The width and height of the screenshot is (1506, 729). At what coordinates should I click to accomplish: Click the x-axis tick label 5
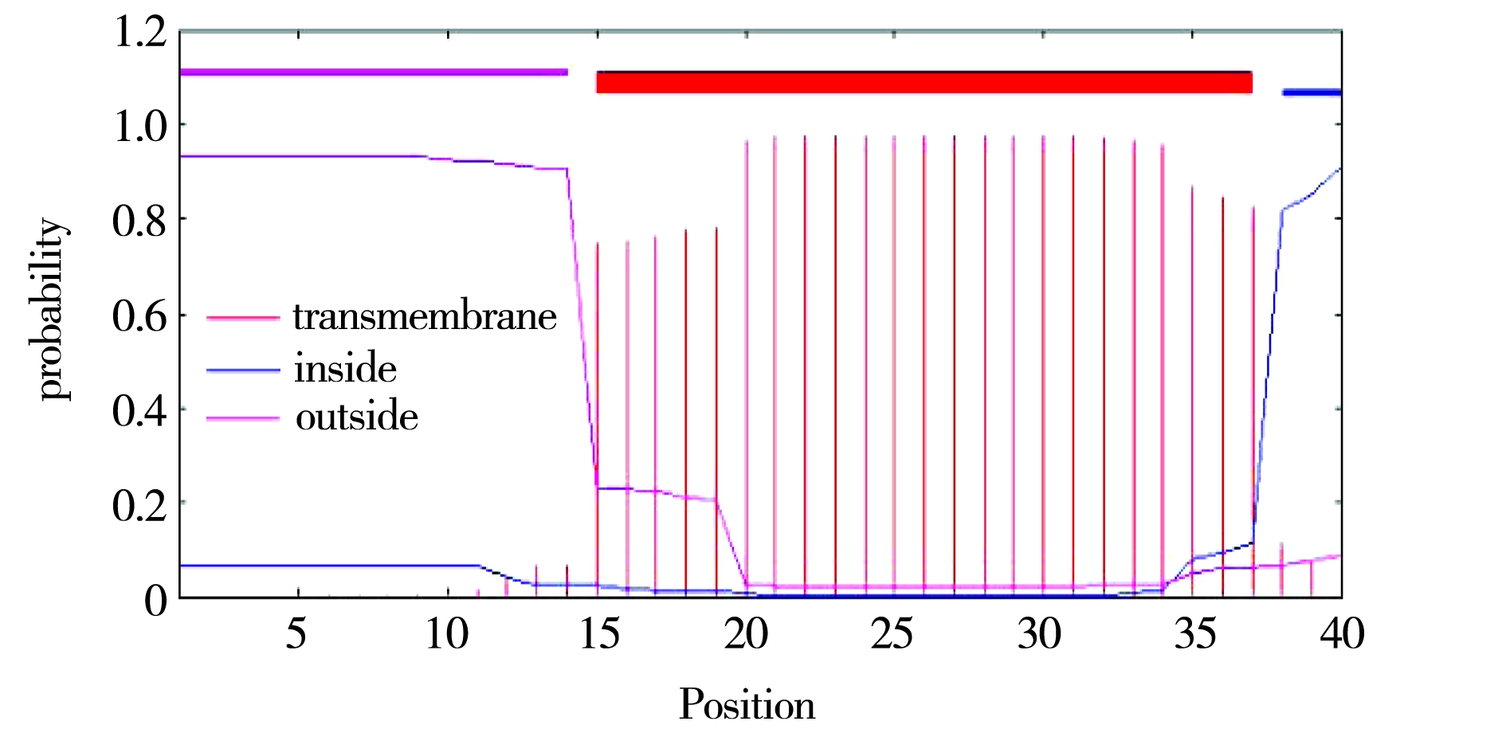(x=296, y=635)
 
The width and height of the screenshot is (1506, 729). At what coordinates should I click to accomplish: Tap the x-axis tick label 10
(x=447, y=635)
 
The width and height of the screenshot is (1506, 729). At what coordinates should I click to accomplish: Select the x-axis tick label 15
(x=598, y=635)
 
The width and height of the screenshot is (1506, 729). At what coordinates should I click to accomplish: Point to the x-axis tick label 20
(x=746, y=635)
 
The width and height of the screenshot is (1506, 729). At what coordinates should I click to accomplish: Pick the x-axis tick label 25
(x=892, y=635)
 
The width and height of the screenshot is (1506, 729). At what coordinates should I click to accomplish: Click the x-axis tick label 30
(x=1040, y=635)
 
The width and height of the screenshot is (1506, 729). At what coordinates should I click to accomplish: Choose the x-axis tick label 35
(x=1195, y=635)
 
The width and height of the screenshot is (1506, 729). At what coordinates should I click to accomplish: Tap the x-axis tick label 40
(x=1343, y=635)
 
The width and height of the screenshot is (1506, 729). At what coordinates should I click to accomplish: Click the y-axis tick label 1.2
(x=140, y=33)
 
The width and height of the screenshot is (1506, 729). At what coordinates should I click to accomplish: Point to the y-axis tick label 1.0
(x=140, y=127)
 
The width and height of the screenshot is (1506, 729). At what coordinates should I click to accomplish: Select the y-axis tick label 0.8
(x=140, y=221)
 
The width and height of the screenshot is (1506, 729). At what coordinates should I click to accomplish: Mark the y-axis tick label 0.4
(x=140, y=411)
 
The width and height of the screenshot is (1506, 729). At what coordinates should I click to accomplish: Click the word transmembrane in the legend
(x=425, y=317)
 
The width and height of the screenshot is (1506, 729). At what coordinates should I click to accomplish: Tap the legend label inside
(x=345, y=369)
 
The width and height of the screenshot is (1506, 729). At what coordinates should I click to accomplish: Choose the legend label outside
(x=357, y=417)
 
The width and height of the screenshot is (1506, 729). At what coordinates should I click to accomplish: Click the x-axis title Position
(x=747, y=704)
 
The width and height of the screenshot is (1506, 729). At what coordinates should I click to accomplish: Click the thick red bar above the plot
(x=924, y=82)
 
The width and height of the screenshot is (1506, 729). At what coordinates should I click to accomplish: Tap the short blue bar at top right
(x=1311, y=93)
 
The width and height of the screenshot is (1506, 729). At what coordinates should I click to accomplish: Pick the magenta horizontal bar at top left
(x=374, y=73)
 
